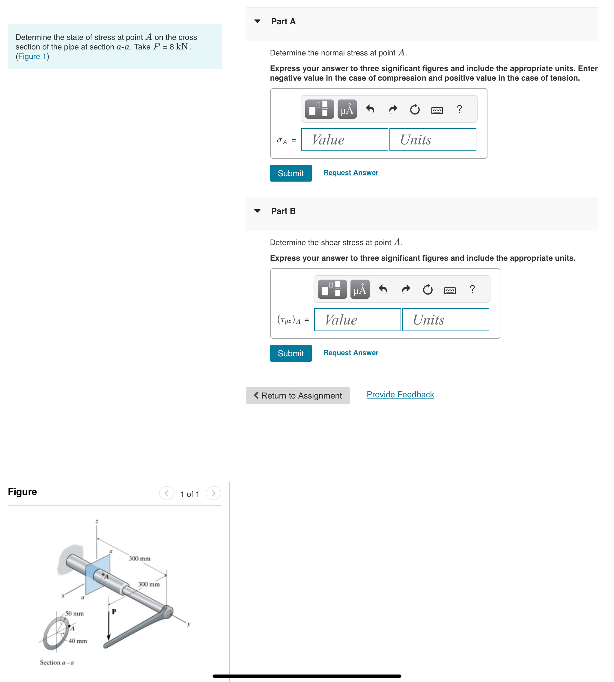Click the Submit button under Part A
coord(291,173)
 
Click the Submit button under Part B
coord(291,353)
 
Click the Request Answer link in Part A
coord(350,173)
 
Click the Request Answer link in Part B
coord(350,353)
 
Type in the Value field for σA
coord(344,140)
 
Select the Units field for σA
coord(433,140)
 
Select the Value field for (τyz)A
coord(357,320)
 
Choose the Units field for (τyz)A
coord(445,320)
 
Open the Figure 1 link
coord(32,56)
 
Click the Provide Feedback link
coord(400,394)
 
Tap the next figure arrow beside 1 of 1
coord(213,494)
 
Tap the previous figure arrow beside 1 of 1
coord(167,494)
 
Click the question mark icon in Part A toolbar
coord(459,109)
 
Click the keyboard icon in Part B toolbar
coord(450,290)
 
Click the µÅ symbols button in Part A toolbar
coord(347,109)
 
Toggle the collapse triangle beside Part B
coord(257,211)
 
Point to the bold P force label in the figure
coord(114,611)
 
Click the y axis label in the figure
coord(189,624)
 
